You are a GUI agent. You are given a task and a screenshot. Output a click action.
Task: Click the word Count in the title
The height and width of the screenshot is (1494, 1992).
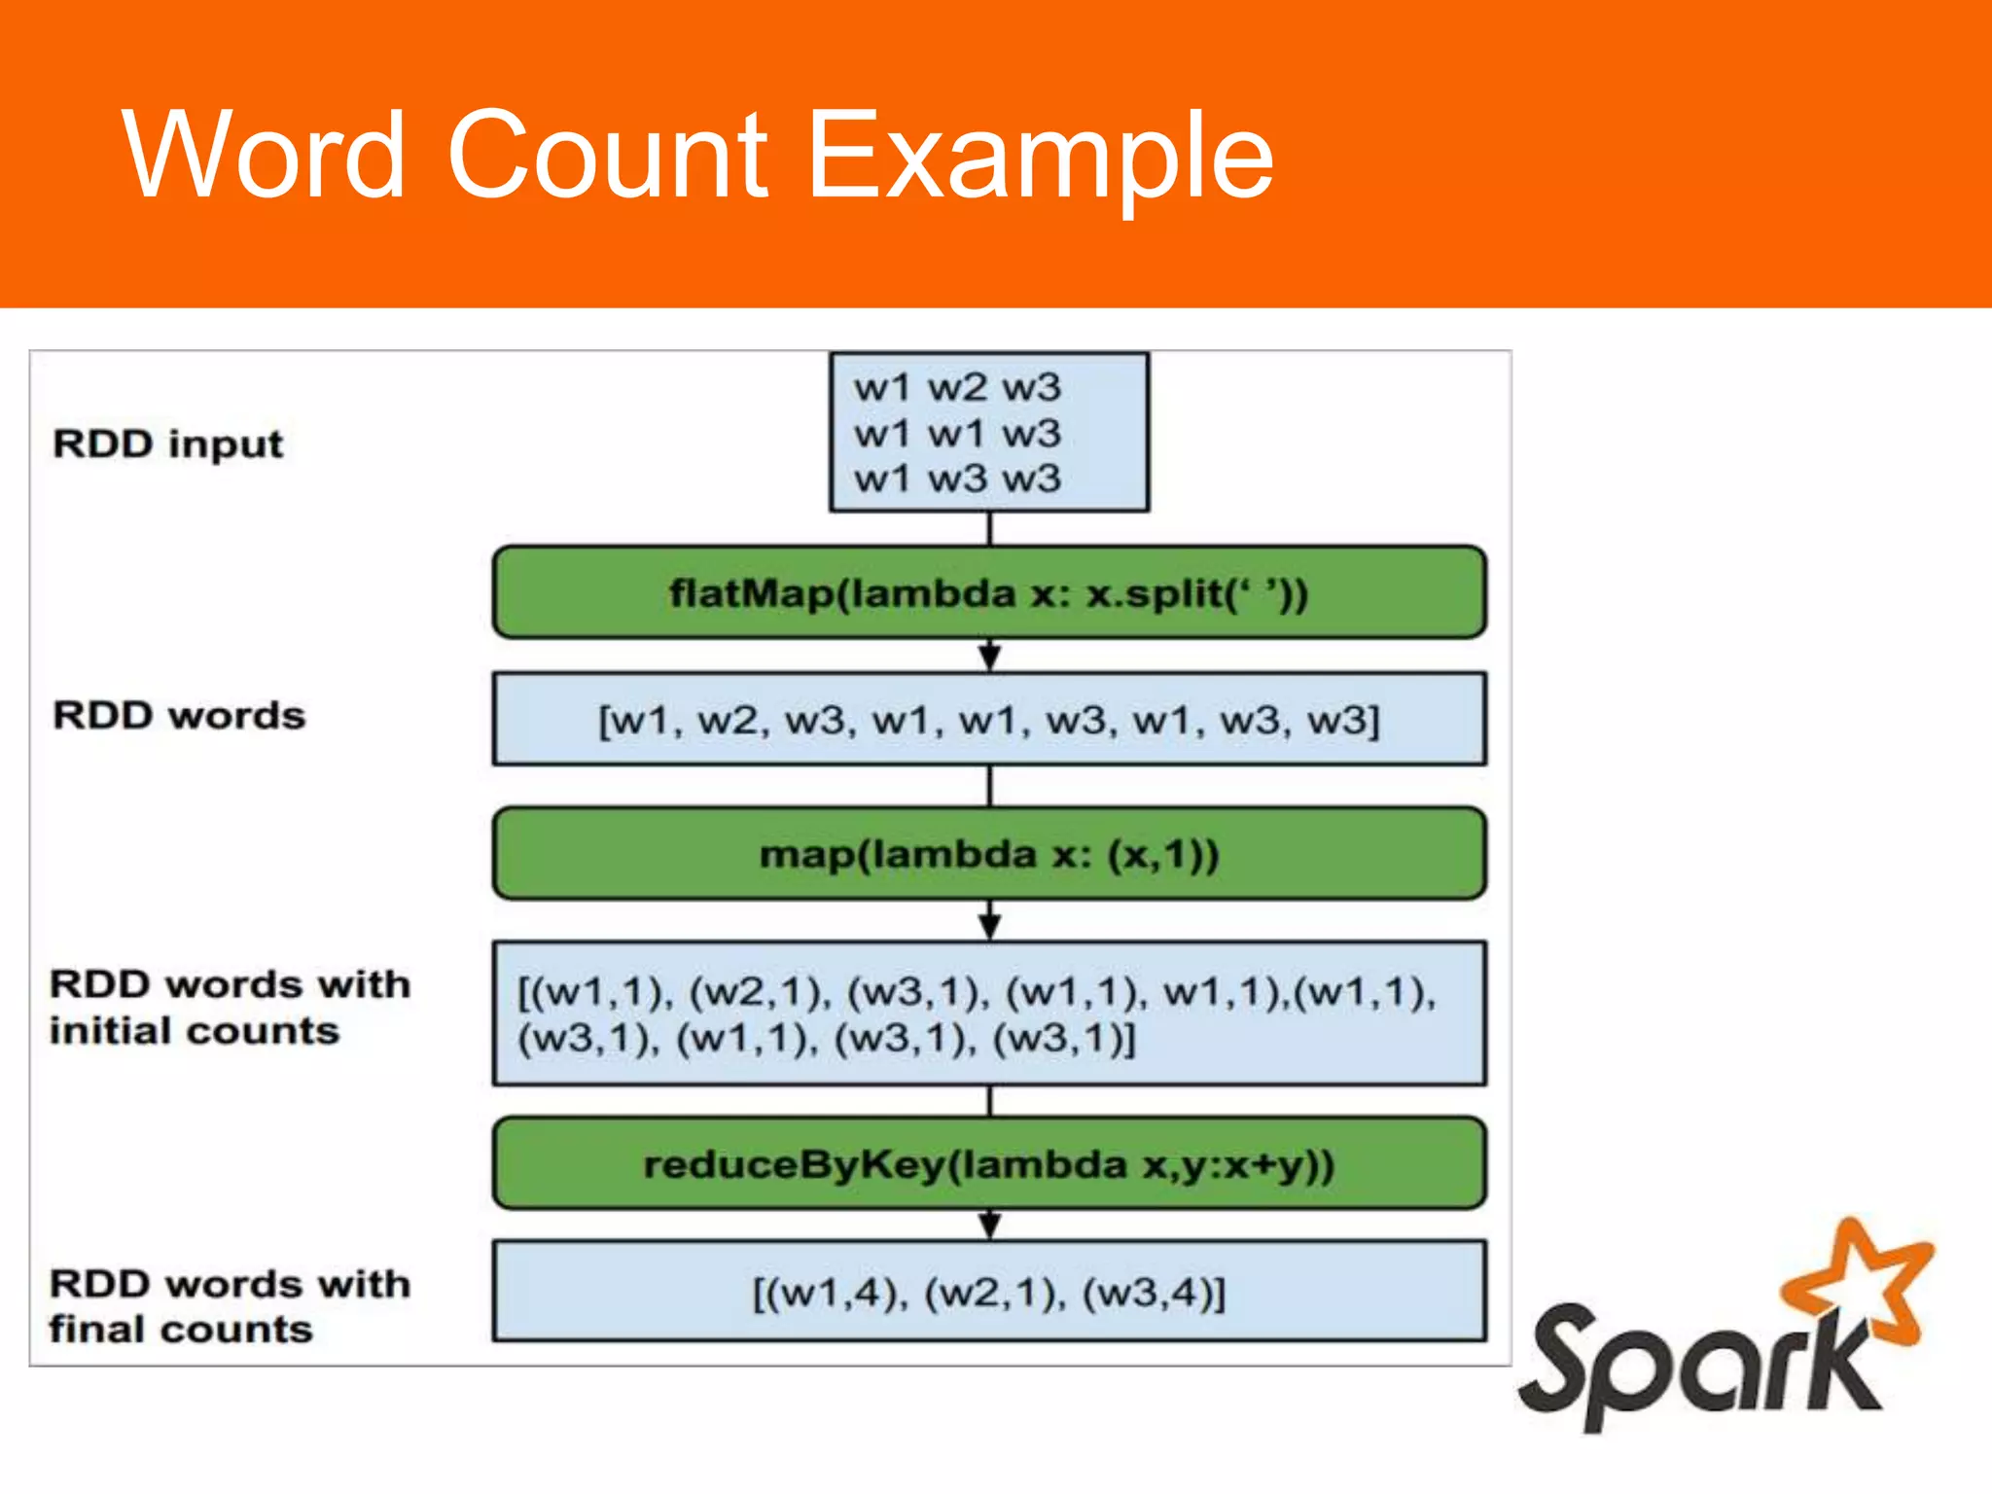(608, 156)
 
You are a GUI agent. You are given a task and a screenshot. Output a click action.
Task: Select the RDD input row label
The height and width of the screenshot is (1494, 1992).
(167, 444)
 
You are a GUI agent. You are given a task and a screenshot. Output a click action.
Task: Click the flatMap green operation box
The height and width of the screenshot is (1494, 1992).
(988, 592)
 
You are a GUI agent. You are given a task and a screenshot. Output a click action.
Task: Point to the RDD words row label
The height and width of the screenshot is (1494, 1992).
(179, 715)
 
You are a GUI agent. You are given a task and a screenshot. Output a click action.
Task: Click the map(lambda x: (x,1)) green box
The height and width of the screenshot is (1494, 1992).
(988, 854)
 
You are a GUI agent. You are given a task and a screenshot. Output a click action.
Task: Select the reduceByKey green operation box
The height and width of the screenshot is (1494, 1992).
(988, 1163)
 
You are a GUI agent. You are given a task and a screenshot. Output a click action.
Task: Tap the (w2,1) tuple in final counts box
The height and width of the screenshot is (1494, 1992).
(994, 1293)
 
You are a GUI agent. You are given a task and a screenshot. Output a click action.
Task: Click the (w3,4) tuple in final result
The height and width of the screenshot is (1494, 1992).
(1153, 1293)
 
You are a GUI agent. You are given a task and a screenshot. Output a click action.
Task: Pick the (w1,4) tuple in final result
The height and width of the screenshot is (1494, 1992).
(833, 1293)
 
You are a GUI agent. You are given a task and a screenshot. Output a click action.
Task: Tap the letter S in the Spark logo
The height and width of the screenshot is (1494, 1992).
(1566, 1362)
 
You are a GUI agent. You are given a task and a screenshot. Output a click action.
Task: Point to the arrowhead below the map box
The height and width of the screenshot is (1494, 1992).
(989, 923)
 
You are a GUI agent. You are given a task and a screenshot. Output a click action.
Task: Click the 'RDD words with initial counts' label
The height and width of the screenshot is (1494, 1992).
(230, 1007)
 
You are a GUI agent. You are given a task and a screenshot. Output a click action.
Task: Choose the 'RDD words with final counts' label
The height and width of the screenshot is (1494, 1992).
(230, 1305)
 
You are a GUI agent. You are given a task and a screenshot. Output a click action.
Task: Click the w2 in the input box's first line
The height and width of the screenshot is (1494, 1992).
(957, 387)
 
